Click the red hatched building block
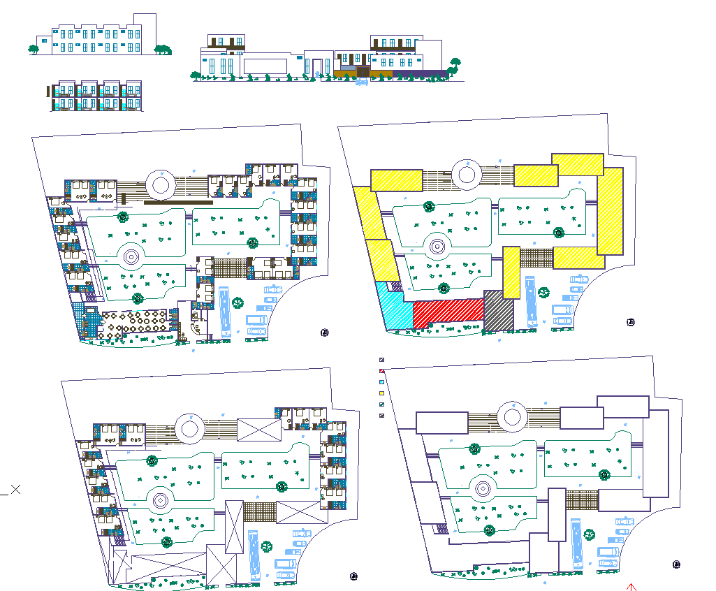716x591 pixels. coord(447,312)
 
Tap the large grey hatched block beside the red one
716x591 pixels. coord(498,312)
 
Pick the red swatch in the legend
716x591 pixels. coord(382,370)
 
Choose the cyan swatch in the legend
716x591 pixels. coord(382,382)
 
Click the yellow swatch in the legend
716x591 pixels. coord(382,394)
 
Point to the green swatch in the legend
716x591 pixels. coord(382,404)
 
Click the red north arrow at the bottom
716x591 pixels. coord(631,587)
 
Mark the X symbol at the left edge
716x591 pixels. coord(15,490)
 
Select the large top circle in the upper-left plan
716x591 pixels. coord(160,185)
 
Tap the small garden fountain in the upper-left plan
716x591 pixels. coord(131,256)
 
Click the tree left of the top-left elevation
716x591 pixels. coord(33,49)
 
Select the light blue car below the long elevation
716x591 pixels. coord(362,83)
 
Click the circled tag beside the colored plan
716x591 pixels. coord(631,322)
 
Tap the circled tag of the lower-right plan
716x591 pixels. coord(676,564)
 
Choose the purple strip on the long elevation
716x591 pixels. coord(419,73)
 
